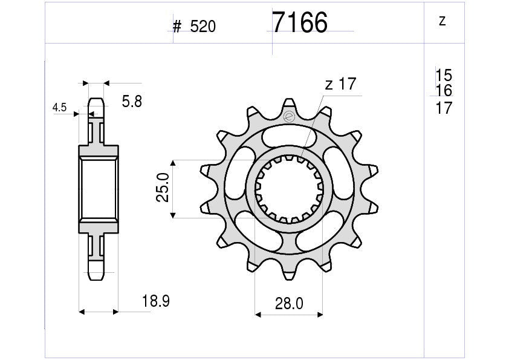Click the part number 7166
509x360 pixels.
pos(300,23)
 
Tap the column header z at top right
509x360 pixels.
pos(442,21)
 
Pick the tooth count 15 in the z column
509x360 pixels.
pos(443,76)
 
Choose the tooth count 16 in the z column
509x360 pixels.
pos(443,91)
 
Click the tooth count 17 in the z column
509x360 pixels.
pos(443,108)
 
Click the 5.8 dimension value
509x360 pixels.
pos(132,102)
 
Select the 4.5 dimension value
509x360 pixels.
pos(60,108)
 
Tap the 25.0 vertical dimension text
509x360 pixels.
pos(163,189)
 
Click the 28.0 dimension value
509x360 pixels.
pos(290,304)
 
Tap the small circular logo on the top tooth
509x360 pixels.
pos(288,117)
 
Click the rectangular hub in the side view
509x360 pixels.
pos(97,189)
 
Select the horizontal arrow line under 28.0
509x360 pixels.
pos(289,315)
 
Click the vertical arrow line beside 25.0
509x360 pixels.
pos(173,189)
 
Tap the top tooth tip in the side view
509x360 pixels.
pos(97,101)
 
